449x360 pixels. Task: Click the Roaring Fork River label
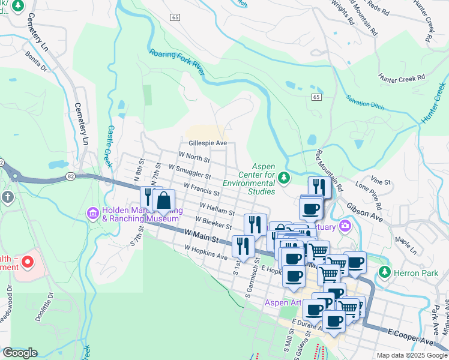click(177, 62)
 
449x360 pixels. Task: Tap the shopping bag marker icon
click(163, 200)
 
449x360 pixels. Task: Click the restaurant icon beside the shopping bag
click(148, 196)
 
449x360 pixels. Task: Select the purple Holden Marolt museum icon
click(93, 213)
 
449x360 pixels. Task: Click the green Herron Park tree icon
click(384, 272)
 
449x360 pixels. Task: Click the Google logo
click(20, 353)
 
